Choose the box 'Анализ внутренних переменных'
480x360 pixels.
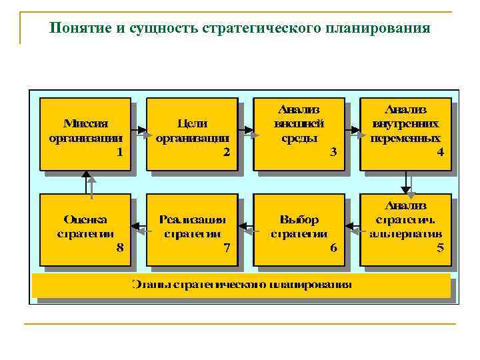(x=405, y=132)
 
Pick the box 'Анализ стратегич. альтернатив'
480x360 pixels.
(x=405, y=227)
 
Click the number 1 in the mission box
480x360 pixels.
(x=119, y=152)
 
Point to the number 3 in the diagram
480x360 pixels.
(x=333, y=152)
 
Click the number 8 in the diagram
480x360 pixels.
(x=119, y=248)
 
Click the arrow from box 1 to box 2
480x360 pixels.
(x=139, y=130)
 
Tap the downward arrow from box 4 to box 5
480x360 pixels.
(x=406, y=181)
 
